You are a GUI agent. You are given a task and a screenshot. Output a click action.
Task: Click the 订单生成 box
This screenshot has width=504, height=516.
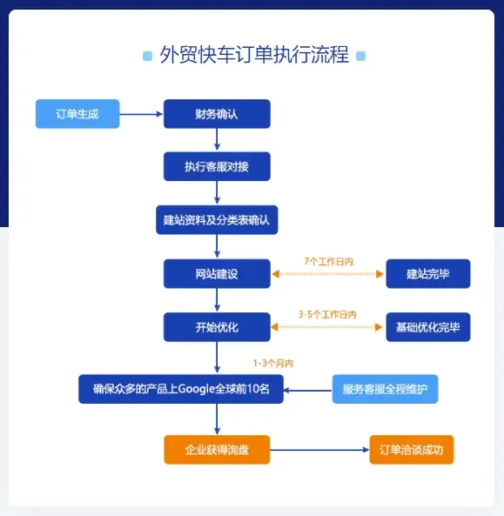point(77,114)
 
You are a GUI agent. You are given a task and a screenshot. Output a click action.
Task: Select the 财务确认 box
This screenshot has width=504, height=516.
point(217,114)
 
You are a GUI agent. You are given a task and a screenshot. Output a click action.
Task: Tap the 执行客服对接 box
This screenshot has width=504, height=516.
point(217,166)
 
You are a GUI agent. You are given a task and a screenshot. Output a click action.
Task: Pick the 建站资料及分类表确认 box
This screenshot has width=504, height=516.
point(217,220)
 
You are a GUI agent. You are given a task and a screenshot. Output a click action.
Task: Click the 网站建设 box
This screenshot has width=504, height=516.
point(217,274)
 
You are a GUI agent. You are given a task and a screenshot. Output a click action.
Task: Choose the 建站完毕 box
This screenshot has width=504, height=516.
point(428,274)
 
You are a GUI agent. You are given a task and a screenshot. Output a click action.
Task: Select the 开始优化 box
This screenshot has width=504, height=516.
point(217,327)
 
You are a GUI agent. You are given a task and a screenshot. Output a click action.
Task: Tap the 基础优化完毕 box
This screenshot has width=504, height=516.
point(428,327)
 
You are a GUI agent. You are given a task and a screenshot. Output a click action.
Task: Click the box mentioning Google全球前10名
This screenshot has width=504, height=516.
point(181,389)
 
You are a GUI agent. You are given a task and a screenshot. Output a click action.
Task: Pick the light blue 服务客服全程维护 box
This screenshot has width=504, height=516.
point(385,389)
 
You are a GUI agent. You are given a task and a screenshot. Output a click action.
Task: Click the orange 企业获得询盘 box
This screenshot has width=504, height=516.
point(217,450)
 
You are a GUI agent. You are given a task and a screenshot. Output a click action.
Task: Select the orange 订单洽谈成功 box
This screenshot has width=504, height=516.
point(412,450)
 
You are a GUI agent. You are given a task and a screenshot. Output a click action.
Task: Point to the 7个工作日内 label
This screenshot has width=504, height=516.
point(328,262)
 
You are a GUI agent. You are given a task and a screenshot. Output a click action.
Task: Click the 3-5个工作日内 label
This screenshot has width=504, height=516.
point(327,315)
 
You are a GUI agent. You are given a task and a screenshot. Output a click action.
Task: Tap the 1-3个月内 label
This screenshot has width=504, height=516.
point(273,364)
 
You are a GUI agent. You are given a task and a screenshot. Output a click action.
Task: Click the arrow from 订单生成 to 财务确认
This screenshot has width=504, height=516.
point(141,114)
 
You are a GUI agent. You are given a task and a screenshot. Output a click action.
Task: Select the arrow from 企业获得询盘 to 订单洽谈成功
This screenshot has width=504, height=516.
point(319,450)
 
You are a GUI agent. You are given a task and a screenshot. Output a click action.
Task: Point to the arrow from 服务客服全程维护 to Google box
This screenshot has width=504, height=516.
point(308,391)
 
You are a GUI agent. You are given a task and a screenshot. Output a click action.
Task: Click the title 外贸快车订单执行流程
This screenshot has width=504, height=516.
point(254,55)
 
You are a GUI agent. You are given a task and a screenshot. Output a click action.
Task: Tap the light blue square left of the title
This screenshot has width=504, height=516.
point(147,56)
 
